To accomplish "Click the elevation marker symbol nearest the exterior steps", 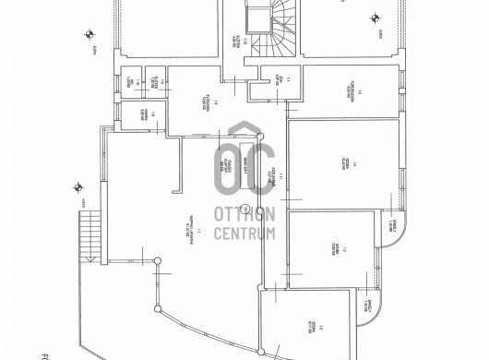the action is coord(72,189).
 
